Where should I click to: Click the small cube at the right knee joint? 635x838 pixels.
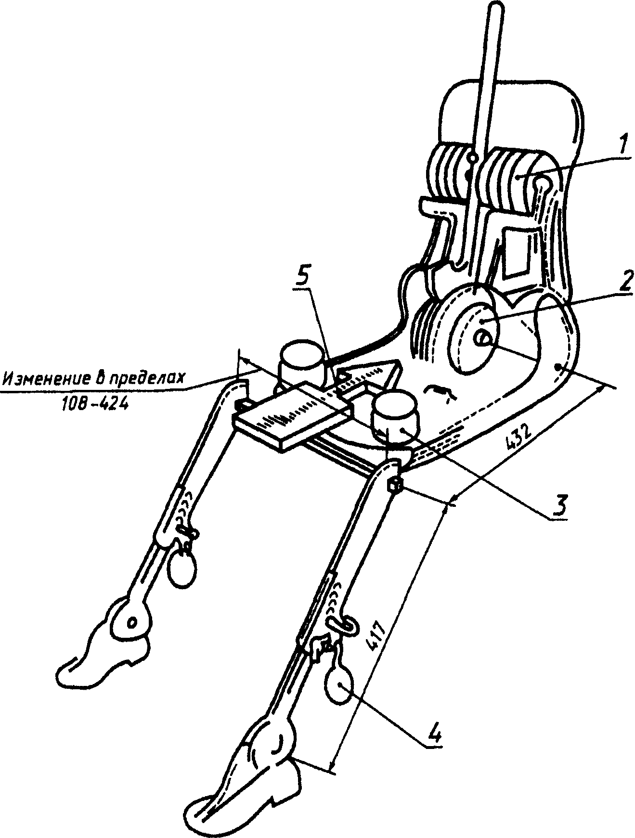pyautogui.click(x=394, y=486)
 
